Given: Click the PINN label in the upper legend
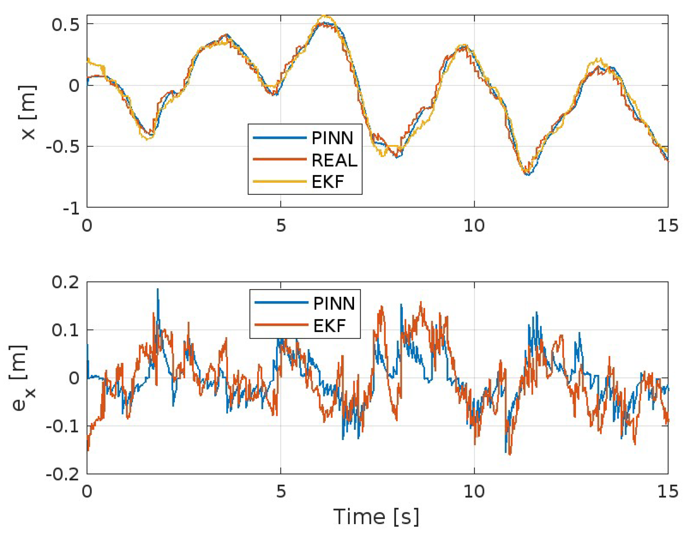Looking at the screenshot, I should pyautogui.click(x=332, y=138).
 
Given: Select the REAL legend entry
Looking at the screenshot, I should pyautogui.click(x=334, y=160).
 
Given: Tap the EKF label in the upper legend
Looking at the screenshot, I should pyautogui.click(x=328, y=182).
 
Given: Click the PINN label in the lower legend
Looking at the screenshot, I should pyautogui.click(x=334, y=303).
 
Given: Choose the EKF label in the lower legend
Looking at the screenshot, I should pyautogui.click(x=329, y=326).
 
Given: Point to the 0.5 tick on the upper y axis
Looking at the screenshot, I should pyautogui.click(x=65, y=25).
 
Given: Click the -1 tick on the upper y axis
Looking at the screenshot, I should pyautogui.click(x=71, y=208).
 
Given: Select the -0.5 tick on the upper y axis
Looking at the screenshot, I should pyautogui.click(x=63, y=147).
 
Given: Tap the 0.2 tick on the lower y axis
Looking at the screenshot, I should pyautogui.click(x=65, y=282).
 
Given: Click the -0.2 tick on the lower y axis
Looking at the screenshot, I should pyautogui.click(x=63, y=474).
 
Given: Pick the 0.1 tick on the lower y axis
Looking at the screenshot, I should pyautogui.click(x=65, y=330).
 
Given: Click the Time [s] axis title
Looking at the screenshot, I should pyautogui.click(x=376, y=517).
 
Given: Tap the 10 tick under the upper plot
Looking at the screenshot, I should pyautogui.click(x=474, y=226).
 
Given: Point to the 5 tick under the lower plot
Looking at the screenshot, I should pyautogui.click(x=281, y=491).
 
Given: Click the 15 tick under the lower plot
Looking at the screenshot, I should pyautogui.click(x=668, y=491).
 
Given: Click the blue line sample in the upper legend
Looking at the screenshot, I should pyautogui.click(x=279, y=138).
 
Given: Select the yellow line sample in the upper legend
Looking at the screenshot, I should pyautogui.click(x=279, y=181).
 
